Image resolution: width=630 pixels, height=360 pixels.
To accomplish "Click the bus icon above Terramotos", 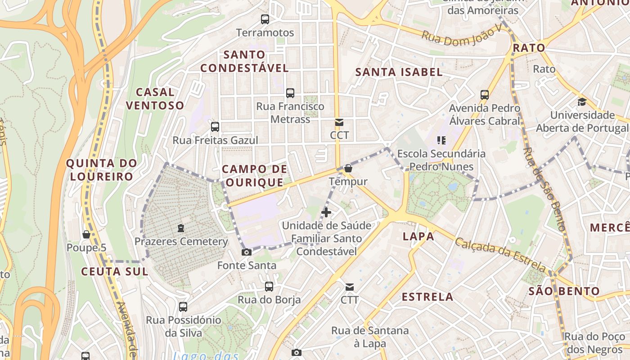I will (x=265, y=19).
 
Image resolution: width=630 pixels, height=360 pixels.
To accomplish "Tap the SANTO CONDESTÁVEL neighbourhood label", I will (x=244, y=62).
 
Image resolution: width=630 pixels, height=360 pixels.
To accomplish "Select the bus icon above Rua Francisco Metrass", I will (x=290, y=93).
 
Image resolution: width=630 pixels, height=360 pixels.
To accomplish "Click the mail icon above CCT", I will (x=339, y=122).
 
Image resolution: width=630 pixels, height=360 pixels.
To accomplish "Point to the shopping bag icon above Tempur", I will (x=348, y=169).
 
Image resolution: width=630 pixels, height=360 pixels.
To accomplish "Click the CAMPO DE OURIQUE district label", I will (x=254, y=175).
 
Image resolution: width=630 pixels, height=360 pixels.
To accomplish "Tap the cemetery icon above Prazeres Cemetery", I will (x=181, y=228).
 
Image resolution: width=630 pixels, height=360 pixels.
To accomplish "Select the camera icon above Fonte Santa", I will (x=246, y=252).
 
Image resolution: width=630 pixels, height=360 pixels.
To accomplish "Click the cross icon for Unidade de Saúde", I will (x=326, y=212).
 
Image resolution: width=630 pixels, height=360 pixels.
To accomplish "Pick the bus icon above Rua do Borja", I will (x=269, y=286).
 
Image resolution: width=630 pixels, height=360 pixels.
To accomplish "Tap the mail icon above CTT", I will (x=349, y=287).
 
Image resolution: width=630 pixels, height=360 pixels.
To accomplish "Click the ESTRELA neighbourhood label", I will (x=427, y=297).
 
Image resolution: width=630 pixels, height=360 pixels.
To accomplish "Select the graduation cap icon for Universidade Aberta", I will (x=582, y=102).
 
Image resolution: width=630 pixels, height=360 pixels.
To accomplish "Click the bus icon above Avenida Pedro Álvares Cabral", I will (x=485, y=95).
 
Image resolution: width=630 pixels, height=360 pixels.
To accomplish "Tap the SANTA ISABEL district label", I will (x=399, y=72).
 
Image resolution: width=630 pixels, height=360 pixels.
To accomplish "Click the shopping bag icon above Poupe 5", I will (x=86, y=234).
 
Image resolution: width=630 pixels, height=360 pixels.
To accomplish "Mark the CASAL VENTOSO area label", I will (x=155, y=99).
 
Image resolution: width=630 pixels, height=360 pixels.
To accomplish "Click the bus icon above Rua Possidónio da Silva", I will (x=183, y=307).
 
